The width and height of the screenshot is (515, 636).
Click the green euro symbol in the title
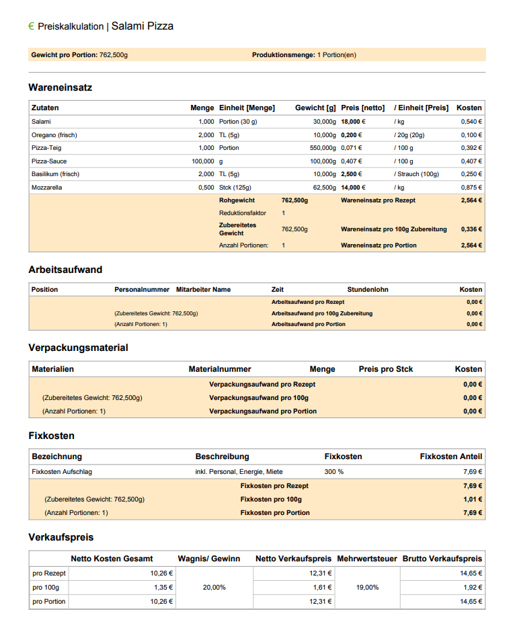point(31,26)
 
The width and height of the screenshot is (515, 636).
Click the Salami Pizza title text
point(142,26)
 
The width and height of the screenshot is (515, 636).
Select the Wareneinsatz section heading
point(61,87)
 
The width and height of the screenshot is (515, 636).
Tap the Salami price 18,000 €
point(353,122)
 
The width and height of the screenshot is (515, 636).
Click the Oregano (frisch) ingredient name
point(54,135)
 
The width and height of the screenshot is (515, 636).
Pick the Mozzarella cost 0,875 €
point(471,188)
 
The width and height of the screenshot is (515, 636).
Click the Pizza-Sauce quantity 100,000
point(202,161)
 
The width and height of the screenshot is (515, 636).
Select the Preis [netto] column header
point(363,108)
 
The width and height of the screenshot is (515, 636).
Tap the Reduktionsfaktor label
point(242,213)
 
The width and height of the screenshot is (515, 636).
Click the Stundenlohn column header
point(368,290)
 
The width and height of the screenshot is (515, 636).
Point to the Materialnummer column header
point(220,369)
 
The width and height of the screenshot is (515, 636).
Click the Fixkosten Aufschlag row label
point(62,472)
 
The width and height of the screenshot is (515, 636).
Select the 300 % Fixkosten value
point(334,472)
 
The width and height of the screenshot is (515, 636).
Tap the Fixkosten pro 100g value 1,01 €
point(472,500)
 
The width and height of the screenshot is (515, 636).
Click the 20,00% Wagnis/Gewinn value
point(214,588)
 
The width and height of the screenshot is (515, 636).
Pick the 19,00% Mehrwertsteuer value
point(367,588)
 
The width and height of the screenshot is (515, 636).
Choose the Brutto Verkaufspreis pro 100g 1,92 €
point(471,588)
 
